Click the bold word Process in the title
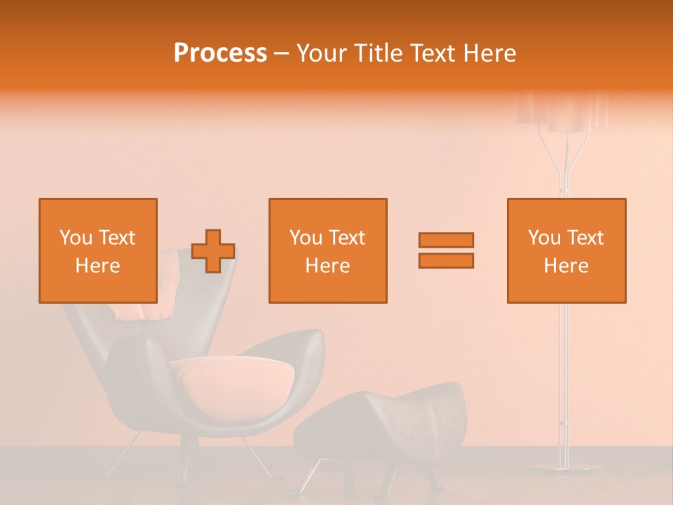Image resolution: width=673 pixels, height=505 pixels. coord(220,53)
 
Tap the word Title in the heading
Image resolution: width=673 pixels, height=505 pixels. coord(379,53)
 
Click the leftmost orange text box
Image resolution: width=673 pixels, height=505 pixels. coord(98,250)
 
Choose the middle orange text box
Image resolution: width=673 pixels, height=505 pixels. coord(328,250)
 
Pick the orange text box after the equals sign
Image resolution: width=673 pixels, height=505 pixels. coord(566,250)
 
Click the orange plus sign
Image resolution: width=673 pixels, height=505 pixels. coord(213,250)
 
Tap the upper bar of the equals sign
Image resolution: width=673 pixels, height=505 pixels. coord(446,240)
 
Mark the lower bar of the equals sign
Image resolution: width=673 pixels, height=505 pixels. coord(446,260)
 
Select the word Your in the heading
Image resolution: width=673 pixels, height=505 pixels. coord(320,53)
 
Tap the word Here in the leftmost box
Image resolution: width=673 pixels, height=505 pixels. coord(98,266)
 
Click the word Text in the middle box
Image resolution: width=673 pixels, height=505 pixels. coord(346,238)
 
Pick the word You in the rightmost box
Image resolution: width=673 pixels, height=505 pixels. coord(544,238)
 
